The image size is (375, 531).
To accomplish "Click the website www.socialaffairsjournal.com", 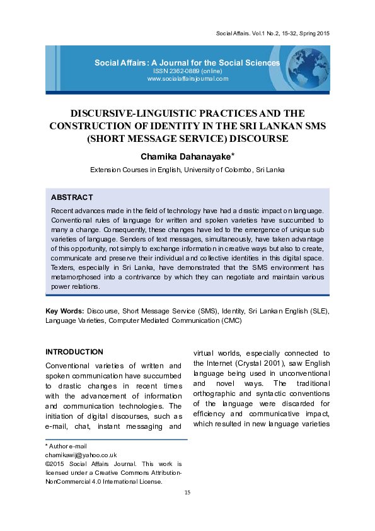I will coord(187,79).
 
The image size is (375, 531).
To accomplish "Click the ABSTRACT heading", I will coord(72,197).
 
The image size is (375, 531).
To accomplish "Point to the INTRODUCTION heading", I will coord(74,352).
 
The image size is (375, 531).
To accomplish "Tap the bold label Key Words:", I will coord(65,312).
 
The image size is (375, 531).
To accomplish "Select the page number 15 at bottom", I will coord(187,492).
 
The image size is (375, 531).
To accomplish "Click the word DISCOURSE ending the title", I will coord(252,138).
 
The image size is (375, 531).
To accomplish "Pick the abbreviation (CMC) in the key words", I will coord(230,320).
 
